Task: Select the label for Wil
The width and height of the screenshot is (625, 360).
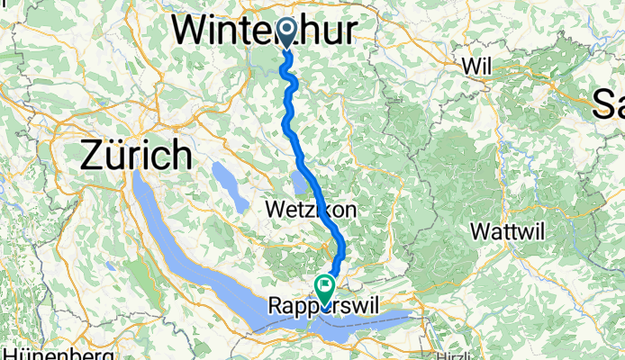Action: coord(476,67)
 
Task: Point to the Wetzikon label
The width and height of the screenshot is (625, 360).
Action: coord(312,210)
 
